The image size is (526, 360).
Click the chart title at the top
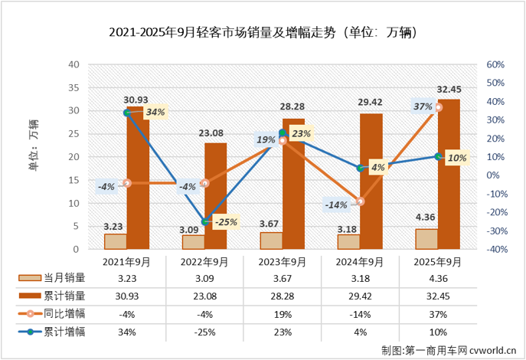point(263,33)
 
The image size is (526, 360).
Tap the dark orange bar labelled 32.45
point(449,175)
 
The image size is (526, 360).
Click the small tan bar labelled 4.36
point(426,239)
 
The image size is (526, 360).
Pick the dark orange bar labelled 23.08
point(216,196)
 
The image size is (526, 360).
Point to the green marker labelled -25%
point(205,222)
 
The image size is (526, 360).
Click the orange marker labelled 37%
point(438,107)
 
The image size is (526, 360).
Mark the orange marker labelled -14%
point(361,201)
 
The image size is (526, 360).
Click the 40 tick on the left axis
point(75,64)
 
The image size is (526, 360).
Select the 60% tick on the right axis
point(495,64)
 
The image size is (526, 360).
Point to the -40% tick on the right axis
point(494,249)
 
